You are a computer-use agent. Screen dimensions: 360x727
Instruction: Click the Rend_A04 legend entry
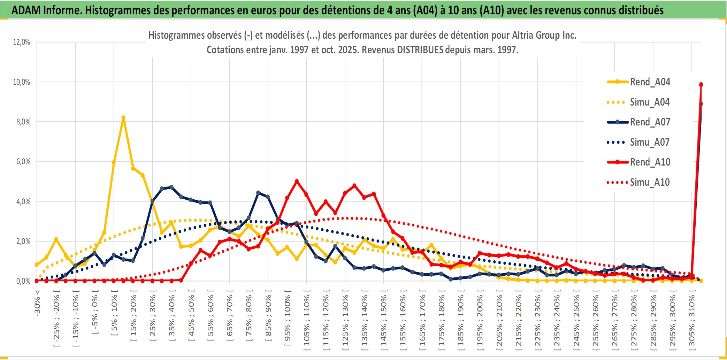click(x=650, y=82)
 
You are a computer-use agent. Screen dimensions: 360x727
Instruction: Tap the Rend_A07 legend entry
click(x=650, y=122)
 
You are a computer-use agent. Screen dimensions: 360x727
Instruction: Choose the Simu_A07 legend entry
click(x=650, y=142)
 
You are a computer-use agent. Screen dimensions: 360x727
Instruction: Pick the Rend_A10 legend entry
click(x=650, y=162)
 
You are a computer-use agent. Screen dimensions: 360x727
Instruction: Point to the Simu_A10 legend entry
click(x=650, y=182)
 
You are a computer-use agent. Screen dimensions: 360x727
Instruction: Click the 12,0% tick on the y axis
click(x=22, y=42)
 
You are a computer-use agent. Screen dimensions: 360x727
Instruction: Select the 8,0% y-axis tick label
click(x=23, y=122)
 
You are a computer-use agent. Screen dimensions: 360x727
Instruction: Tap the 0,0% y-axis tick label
click(x=23, y=281)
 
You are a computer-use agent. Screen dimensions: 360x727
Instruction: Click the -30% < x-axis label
click(x=37, y=303)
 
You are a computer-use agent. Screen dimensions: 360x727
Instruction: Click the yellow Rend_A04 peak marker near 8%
click(x=123, y=117)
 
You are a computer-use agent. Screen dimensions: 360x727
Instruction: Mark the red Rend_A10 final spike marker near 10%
click(x=701, y=85)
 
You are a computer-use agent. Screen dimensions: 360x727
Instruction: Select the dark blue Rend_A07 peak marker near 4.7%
click(x=171, y=187)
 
